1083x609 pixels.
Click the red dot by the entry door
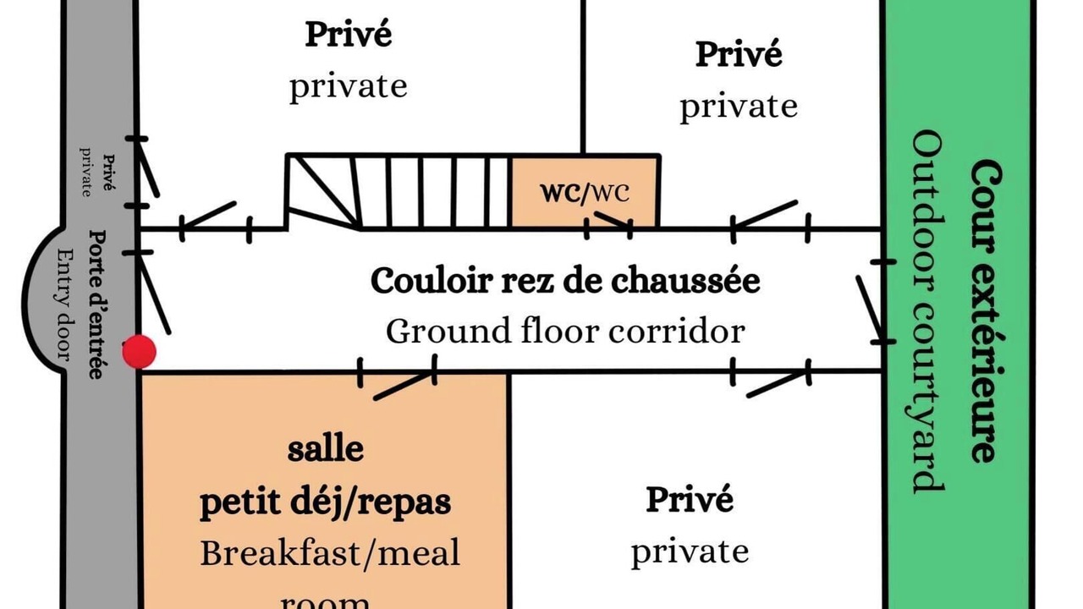coord(140,351)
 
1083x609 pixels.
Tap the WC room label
coord(585,192)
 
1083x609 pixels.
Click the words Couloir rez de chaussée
coord(565,280)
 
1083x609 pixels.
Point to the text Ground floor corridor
coord(565,331)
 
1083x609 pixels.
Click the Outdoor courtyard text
coord(927,312)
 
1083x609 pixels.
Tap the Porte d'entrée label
coord(97,304)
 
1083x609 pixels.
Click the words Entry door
coord(65,304)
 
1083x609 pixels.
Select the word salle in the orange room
coord(326,449)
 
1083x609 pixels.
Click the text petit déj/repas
coord(326,502)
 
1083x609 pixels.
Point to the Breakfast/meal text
coord(330,553)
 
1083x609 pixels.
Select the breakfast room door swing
coord(404,386)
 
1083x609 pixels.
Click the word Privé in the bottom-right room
coord(690,500)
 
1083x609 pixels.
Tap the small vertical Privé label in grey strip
coord(109,173)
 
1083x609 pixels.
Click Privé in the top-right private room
coord(739,54)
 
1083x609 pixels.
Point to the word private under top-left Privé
coord(348,87)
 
